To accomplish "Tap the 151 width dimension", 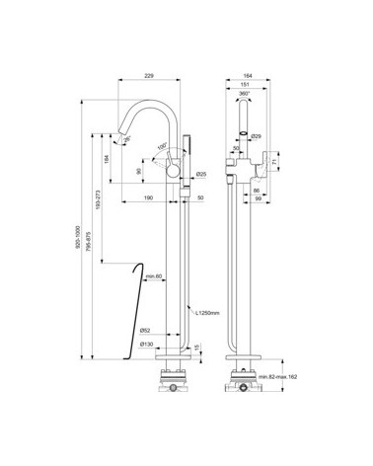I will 248,84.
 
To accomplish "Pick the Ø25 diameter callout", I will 200,176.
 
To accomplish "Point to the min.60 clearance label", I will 152,277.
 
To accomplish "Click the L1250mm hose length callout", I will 207,313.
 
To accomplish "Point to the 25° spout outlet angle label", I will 129,140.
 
